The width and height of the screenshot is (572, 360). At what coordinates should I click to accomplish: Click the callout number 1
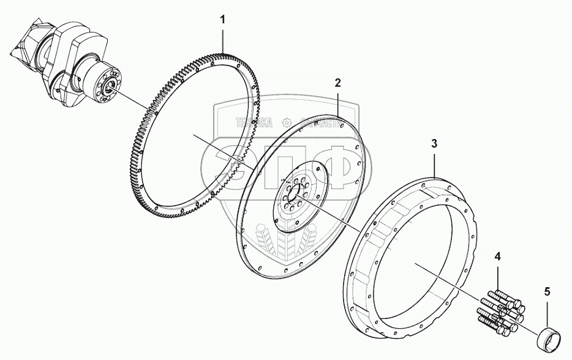tap(223, 20)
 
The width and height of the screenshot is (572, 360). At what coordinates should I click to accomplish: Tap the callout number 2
tap(337, 83)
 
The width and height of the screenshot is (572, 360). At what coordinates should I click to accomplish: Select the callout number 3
tap(434, 144)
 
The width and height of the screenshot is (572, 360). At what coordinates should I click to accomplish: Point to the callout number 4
tap(498, 255)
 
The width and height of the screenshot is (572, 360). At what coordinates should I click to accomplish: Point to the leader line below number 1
tap(223, 39)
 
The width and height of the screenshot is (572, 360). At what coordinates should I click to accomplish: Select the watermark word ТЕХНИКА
tap(254, 122)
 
